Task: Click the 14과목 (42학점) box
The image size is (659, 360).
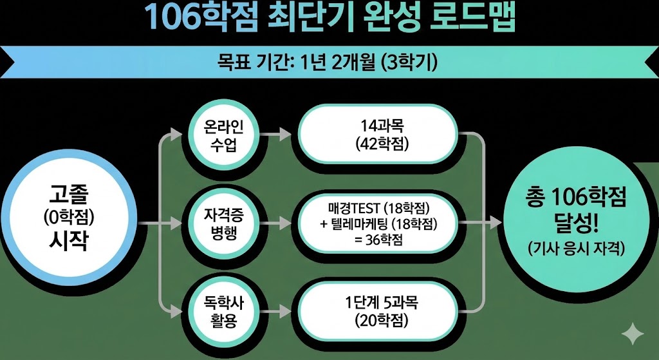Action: coord(383,135)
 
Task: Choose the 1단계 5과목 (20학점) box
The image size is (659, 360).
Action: coord(383,311)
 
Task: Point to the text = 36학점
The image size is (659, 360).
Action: coord(383,239)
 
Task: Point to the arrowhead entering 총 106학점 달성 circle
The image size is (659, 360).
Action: coord(495,223)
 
